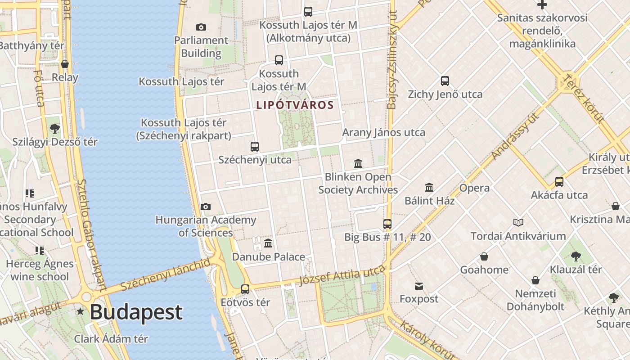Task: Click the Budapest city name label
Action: pyautogui.click(x=136, y=312)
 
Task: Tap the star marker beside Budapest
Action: pyautogui.click(x=81, y=311)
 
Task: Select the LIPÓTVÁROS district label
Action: pyautogui.click(x=295, y=105)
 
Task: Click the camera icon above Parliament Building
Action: pyautogui.click(x=201, y=27)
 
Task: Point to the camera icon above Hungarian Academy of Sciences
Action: pyautogui.click(x=206, y=207)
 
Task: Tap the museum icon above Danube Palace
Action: pyautogui.click(x=268, y=243)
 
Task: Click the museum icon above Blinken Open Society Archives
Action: pyautogui.click(x=358, y=163)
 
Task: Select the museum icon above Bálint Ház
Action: pyautogui.click(x=429, y=187)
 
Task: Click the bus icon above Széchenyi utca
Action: pyautogui.click(x=255, y=146)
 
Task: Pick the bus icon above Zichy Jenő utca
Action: pyautogui.click(x=445, y=81)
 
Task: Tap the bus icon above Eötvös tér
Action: pyautogui.click(x=245, y=289)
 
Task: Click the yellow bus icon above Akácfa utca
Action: pyautogui.click(x=559, y=182)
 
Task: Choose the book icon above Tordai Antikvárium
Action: pyautogui.click(x=518, y=222)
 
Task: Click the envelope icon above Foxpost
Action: pyautogui.click(x=419, y=286)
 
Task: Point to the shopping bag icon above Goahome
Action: pyautogui.click(x=484, y=256)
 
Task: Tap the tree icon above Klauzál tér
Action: pyautogui.click(x=576, y=256)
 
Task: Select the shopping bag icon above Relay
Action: pyautogui.click(x=65, y=64)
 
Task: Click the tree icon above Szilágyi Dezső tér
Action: pyautogui.click(x=55, y=129)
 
